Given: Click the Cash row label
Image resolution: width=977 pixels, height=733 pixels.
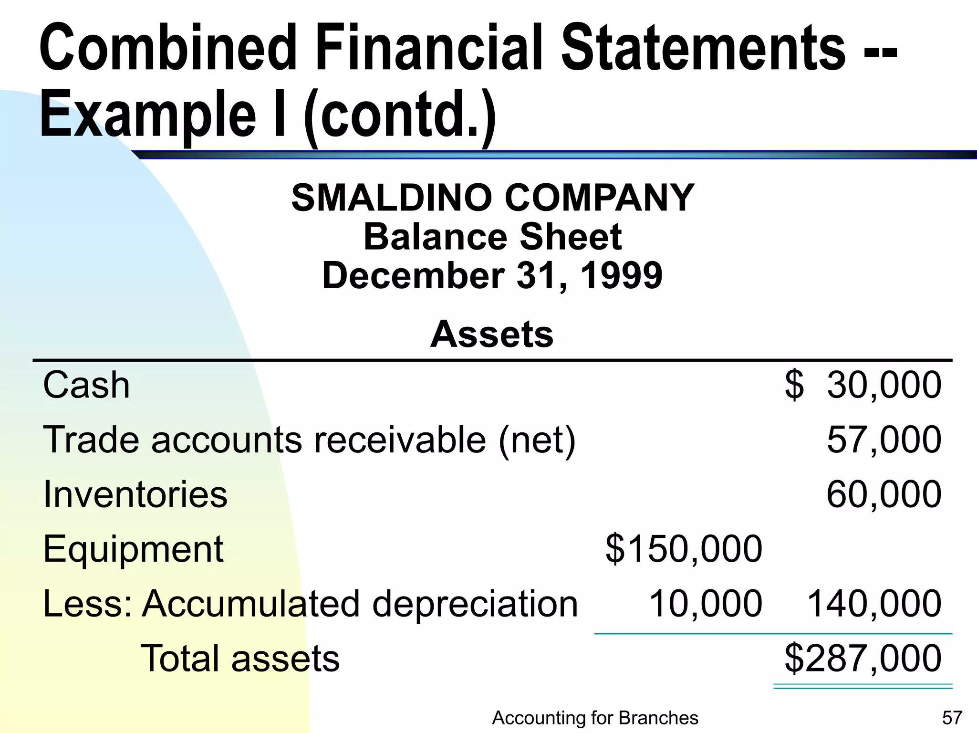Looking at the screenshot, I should (x=86, y=385).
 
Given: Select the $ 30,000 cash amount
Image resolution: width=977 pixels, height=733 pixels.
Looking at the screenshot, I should (x=863, y=385).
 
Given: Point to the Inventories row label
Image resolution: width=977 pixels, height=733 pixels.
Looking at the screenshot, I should (x=135, y=494).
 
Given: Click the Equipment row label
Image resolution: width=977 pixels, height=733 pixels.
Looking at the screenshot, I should (x=133, y=549).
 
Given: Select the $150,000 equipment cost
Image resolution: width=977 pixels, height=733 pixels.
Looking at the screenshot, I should (x=684, y=549).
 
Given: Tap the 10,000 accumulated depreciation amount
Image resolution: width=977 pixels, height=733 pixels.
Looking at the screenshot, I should (x=706, y=604).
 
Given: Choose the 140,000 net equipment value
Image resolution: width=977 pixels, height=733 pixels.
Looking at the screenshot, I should (x=873, y=604).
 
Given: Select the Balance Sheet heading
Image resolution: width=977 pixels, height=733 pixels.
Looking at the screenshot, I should (x=492, y=237).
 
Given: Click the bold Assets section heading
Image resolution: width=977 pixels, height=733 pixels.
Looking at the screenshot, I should (x=492, y=334).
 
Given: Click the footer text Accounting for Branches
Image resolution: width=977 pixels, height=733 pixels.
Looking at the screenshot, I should (x=595, y=718).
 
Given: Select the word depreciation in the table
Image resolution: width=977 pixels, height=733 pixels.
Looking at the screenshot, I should (x=475, y=604).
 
